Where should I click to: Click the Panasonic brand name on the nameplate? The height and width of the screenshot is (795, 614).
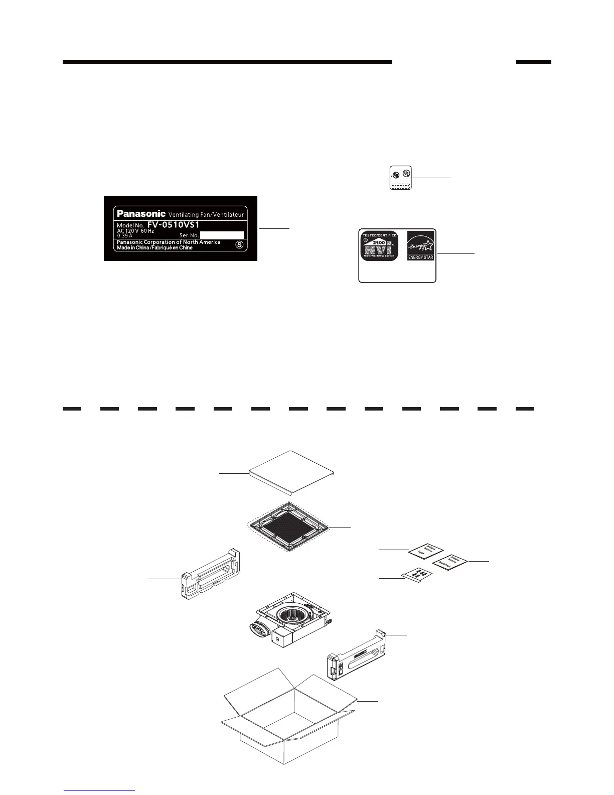coord(141,213)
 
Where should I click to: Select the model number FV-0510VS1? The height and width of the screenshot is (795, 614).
coord(173,225)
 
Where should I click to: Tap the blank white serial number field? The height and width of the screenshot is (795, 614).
coord(222,235)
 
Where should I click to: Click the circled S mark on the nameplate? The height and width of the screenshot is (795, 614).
coord(240,245)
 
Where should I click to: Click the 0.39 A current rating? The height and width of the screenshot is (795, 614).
coord(124,235)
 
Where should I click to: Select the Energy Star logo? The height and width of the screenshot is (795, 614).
coord(420,245)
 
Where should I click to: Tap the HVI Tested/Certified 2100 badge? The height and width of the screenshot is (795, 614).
coord(379,246)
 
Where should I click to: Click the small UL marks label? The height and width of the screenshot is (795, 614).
coord(401,178)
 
